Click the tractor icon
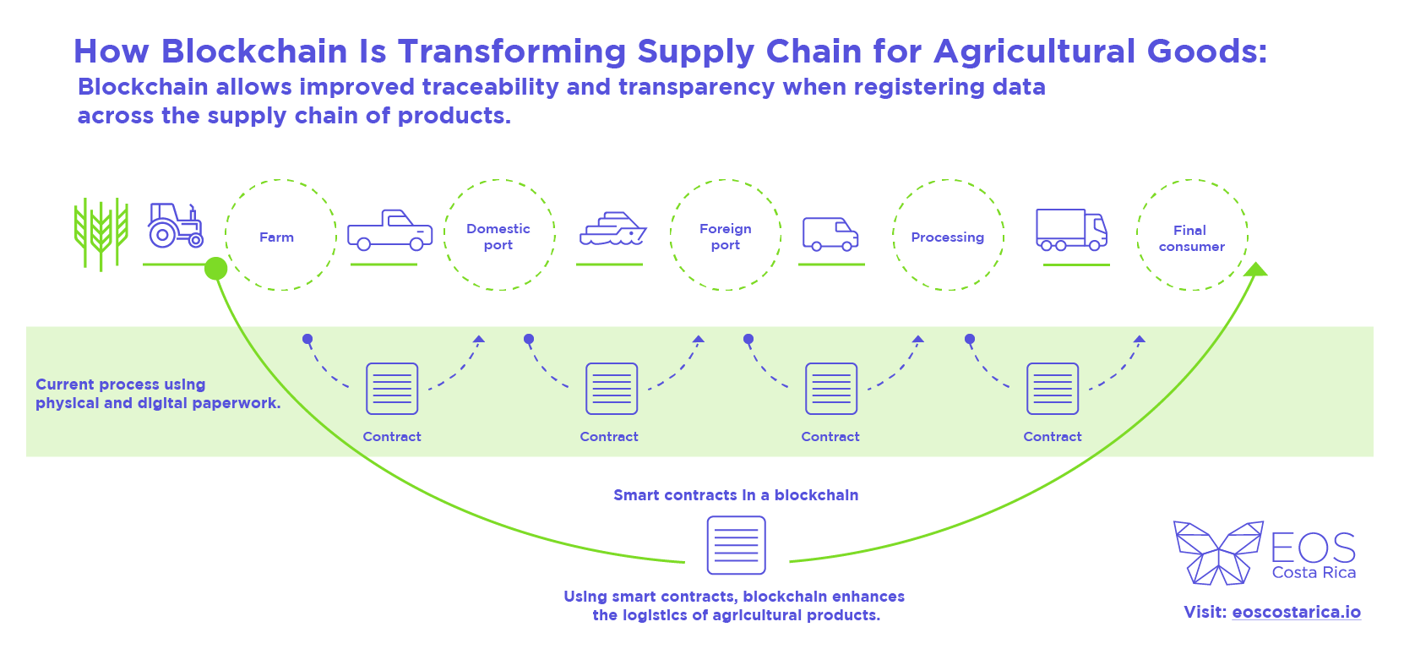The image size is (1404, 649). (x=176, y=225)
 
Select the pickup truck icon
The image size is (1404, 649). (x=390, y=230)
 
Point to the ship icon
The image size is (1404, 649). (x=612, y=228)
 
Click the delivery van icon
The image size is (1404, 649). (x=830, y=235)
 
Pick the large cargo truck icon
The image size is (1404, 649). (x=1072, y=230)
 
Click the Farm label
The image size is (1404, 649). (x=276, y=237)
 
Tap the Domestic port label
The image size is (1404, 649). (x=498, y=237)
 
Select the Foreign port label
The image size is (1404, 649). (x=725, y=237)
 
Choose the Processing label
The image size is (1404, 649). (x=948, y=237)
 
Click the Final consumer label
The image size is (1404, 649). (x=1191, y=238)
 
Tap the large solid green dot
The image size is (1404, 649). (x=215, y=269)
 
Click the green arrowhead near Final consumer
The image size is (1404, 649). (x=1255, y=269)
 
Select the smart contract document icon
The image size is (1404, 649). (x=736, y=545)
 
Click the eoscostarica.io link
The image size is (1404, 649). (x=1296, y=612)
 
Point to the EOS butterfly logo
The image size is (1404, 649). (x=1218, y=553)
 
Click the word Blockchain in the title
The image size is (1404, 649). (x=254, y=51)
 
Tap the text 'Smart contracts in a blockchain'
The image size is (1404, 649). (x=736, y=494)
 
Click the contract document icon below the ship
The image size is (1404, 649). (x=611, y=389)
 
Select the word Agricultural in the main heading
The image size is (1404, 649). (x=1035, y=52)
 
